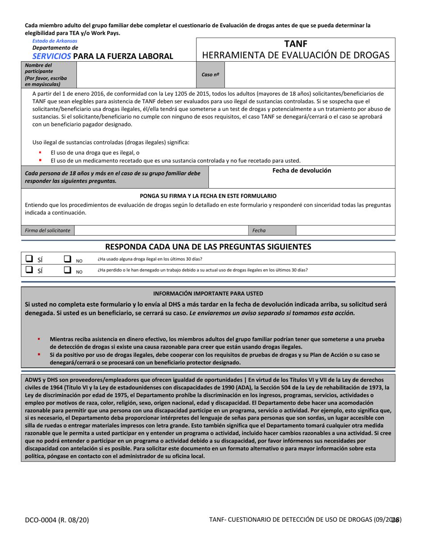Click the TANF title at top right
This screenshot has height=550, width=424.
coord(295,43)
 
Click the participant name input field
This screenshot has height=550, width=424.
coord(136,75)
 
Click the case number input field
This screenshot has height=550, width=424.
coord(309,75)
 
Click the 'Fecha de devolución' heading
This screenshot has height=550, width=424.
coord(302,170)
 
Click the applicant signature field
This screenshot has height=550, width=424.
coord(161,230)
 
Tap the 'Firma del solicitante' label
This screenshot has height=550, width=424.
coord(48,230)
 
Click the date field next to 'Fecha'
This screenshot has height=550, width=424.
coord(345,230)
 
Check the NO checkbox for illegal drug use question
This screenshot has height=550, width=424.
coord(67,258)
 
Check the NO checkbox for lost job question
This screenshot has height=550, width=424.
coord(67,270)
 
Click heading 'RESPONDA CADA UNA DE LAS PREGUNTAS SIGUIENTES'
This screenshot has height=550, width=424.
coord(208,246)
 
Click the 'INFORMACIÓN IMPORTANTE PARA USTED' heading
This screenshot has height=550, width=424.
coord(208,293)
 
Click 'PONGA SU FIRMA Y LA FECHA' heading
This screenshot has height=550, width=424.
coord(208,196)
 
